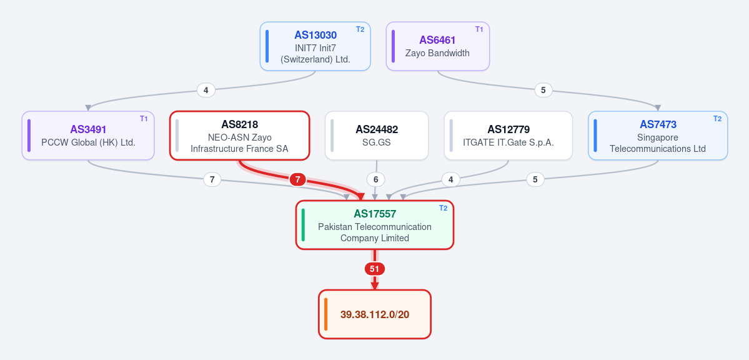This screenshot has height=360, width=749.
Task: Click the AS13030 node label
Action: [x=315, y=35]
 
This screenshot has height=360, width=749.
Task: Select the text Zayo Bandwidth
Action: [x=437, y=53]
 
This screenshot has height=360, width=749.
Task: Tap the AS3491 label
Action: [x=88, y=129]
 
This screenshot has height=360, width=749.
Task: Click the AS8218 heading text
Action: [x=239, y=125]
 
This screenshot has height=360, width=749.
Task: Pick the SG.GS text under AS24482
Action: [x=377, y=142]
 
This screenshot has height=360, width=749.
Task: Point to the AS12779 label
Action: [x=508, y=129]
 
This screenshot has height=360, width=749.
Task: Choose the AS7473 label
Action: [x=658, y=125]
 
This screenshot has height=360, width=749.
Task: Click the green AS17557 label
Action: [x=375, y=214]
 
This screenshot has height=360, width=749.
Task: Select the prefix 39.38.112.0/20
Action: [x=375, y=314]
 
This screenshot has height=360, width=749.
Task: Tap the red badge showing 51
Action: [x=375, y=269]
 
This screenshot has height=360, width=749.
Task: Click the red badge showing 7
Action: [x=297, y=180]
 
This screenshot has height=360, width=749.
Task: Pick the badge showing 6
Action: [x=376, y=180]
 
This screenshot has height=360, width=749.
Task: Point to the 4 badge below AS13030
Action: [x=206, y=90]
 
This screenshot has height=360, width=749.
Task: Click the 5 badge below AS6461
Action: [x=543, y=90]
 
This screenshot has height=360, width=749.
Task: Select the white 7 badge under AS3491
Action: [x=212, y=180]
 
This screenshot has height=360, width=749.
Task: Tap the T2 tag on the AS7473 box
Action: [x=718, y=119]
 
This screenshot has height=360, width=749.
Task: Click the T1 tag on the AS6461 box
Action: [x=479, y=29]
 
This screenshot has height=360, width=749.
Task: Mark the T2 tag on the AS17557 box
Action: [x=444, y=208]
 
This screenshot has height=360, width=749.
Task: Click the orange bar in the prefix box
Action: [x=326, y=314]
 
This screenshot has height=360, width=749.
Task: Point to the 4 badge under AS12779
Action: [x=450, y=180]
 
